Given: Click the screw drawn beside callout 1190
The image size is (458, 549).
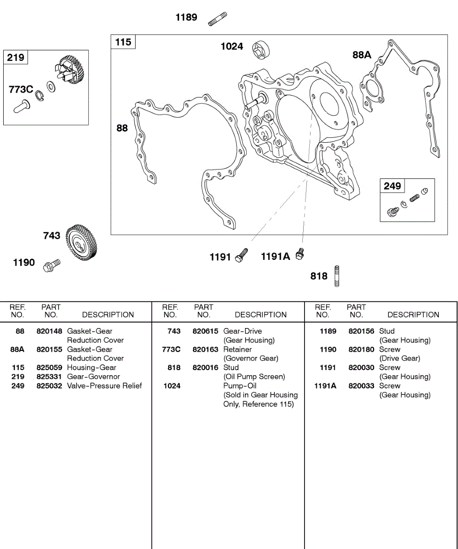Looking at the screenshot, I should click(x=51, y=265).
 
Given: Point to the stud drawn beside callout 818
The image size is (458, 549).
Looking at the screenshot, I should click(x=337, y=276).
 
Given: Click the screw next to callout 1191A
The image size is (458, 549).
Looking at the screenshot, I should click(x=300, y=254).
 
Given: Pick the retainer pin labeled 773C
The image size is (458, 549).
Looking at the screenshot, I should click(x=21, y=107).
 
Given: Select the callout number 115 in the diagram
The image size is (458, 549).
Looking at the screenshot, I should click(x=123, y=42).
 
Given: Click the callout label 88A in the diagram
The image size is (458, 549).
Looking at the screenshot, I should click(x=362, y=55).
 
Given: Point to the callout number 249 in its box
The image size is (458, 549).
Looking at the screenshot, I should click(x=392, y=186).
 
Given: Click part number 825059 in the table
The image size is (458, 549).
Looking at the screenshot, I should click(x=49, y=367).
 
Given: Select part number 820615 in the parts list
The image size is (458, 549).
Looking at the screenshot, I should click(x=205, y=331).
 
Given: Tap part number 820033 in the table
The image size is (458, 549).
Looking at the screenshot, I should click(x=361, y=386).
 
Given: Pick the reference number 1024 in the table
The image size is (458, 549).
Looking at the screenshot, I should click(x=172, y=386).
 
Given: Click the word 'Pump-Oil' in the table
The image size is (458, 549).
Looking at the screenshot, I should click(x=240, y=386).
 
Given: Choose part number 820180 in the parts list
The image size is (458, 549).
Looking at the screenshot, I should click(x=361, y=349).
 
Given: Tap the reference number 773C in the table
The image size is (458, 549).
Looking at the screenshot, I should click(x=171, y=349).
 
